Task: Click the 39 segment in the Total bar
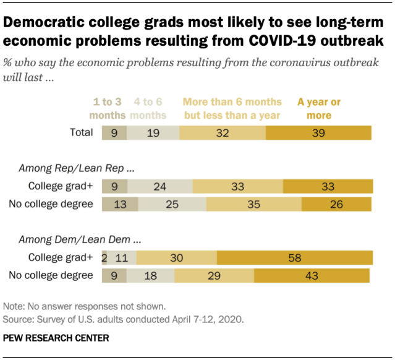coord(318,132)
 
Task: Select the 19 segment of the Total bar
coord(153,132)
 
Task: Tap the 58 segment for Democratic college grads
coord(295,258)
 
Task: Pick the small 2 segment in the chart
coord(104,258)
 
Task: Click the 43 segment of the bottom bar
coord(311,275)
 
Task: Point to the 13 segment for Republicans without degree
coord(119,204)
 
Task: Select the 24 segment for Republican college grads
coord(159,186)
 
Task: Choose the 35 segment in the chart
coord(253,204)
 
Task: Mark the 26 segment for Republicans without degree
coord(336,204)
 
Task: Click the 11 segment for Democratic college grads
coord(123,258)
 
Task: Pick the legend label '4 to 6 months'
coord(148,108)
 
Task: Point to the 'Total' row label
coord(80,132)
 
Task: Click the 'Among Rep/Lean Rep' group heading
coord(76,167)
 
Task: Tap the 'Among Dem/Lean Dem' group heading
coord(77,239)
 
